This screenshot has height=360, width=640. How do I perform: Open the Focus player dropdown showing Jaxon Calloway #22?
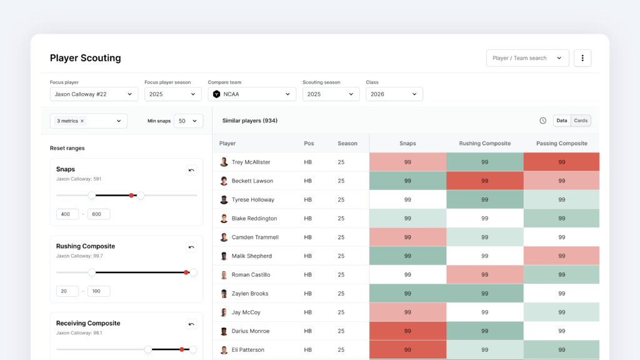(x=93, y=94)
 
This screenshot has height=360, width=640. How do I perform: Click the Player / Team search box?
(x=527, y=58)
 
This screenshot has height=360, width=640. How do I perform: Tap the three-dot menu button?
(x=582, y=58)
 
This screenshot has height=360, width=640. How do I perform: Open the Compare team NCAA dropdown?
(x=252, y=94)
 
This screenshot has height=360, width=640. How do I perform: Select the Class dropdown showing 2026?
(x=394, y=94)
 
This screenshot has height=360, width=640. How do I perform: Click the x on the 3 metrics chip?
(x=82, y=121)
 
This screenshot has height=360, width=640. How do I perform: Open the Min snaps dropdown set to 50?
(x=188, y=121)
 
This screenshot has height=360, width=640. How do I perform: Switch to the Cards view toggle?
(x=581, y=121)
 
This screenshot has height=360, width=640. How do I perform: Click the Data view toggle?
(x=562, y=121)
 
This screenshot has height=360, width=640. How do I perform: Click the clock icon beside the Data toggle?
(x=543, y=121)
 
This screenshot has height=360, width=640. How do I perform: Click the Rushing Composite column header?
(x=485, y=143)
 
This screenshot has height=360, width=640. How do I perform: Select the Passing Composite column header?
(x=562, y=143)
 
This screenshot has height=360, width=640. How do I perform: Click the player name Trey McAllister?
(x=251, y=162)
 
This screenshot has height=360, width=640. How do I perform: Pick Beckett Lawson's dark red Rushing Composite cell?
(x=485, y=181)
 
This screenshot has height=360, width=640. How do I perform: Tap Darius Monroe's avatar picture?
(x=224, y=331)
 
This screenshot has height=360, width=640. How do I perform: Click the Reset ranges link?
(x=67, y=148)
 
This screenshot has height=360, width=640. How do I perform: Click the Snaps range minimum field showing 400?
(x=67, y=214)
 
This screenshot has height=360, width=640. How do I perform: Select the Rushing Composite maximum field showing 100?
(x=99, y=291)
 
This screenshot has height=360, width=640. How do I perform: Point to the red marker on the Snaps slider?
(x=131, y=196)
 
